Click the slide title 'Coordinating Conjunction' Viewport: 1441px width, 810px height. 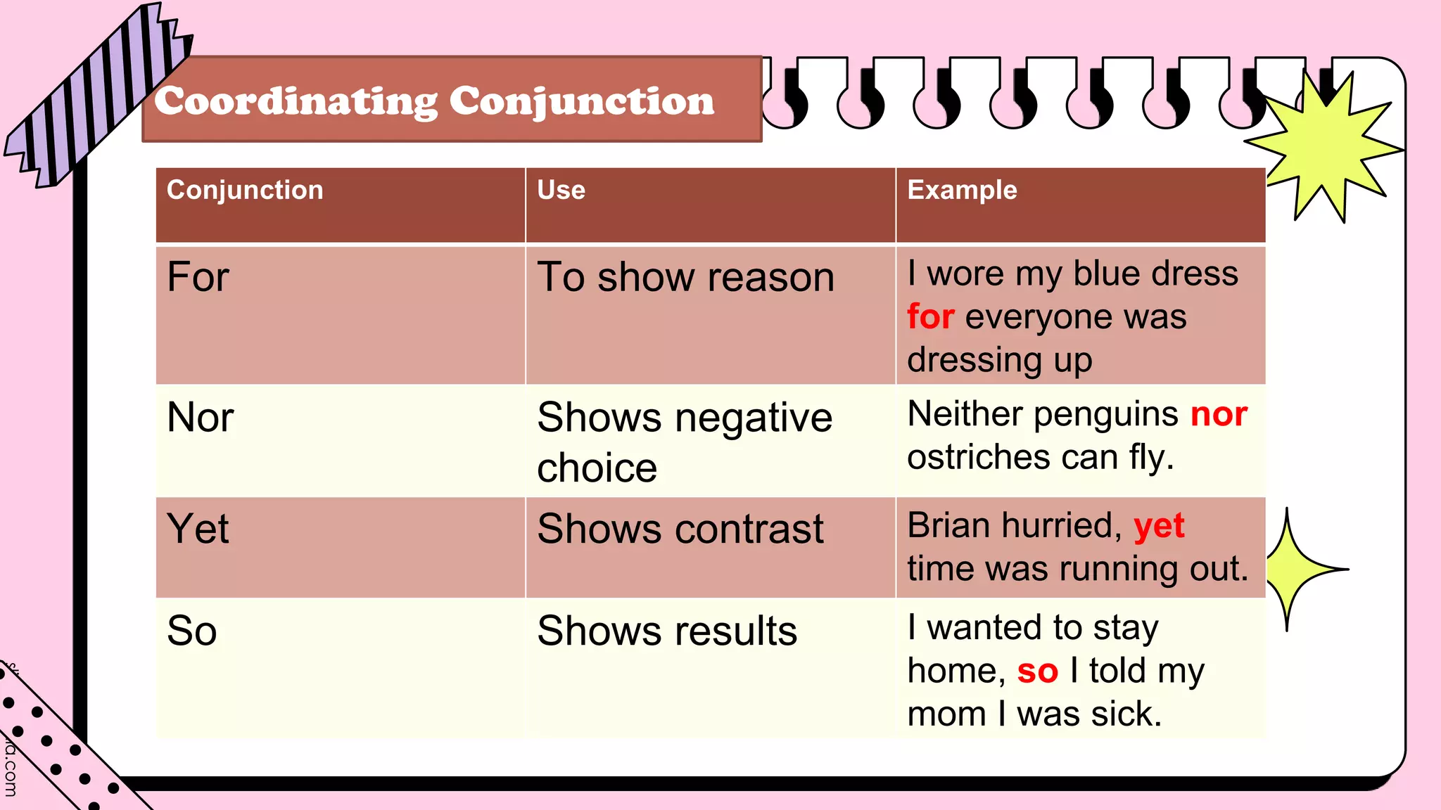(x=434, y=101)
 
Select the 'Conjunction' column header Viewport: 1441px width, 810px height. (x=245, y=191)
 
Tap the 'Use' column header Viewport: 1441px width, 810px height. (x=561, y=191)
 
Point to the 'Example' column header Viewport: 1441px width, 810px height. (x=962, y=191)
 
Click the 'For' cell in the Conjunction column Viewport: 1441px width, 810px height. (x=198, y=277)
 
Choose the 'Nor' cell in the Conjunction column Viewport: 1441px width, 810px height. (x=201, y=418)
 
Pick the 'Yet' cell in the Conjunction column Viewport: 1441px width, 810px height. (x=198, y=529)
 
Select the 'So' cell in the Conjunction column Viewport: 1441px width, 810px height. (x=192, y=631)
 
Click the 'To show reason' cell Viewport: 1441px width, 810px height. (x=685, y=277)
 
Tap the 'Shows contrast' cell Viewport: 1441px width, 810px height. (x=680, y=529)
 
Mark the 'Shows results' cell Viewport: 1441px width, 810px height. (x=667, y=631)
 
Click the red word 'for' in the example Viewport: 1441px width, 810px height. (x=930, y=317)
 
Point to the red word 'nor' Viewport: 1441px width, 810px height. (x=1219, y=414)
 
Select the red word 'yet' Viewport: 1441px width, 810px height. (x=1159, y=526)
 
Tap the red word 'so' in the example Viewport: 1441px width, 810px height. (x=1037, y=671)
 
